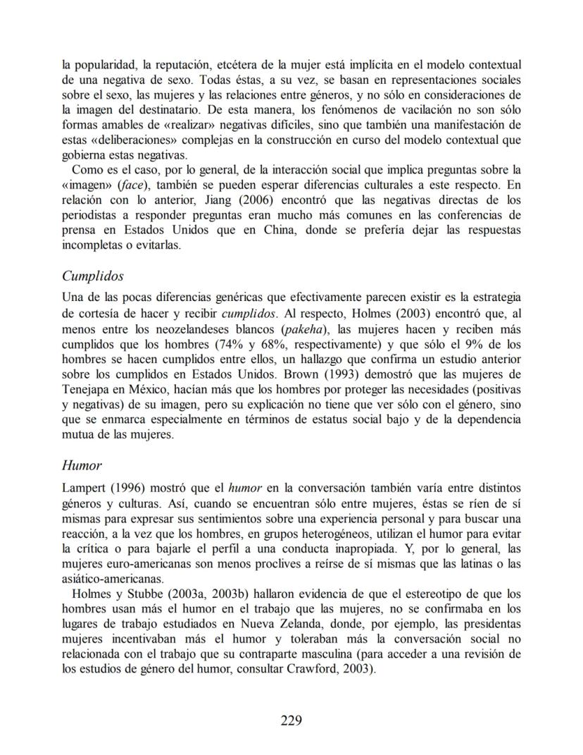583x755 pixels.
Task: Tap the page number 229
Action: (291, 720)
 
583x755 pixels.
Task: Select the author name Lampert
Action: (82, 486)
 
